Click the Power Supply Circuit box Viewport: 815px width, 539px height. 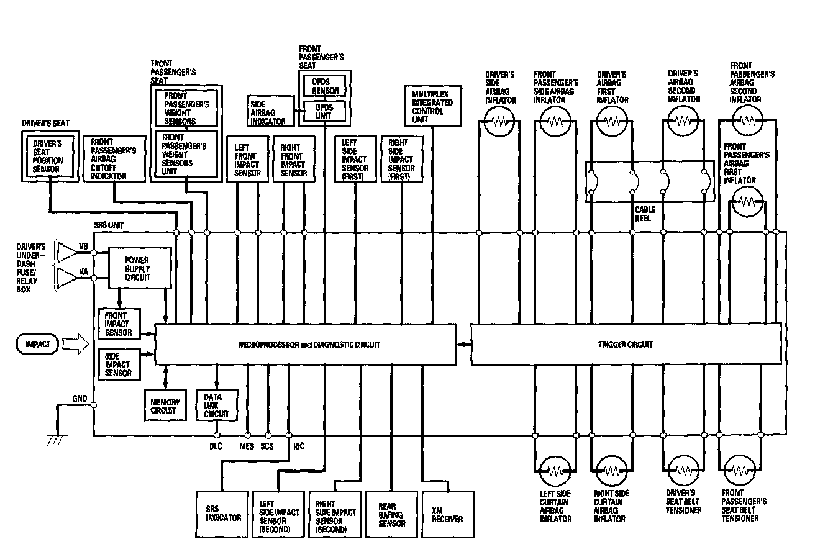(140, 268)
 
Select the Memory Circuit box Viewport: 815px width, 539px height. (165, 405)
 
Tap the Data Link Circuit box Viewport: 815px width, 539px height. (216, 405)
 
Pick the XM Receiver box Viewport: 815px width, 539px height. (443, 514)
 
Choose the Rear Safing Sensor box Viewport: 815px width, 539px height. (391, 514)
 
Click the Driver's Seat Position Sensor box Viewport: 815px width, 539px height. (48, 156)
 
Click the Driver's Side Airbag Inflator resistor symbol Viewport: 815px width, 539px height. (499, 122)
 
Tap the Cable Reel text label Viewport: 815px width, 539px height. (645, 214)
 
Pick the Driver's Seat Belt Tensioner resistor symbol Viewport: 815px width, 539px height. (683, 470)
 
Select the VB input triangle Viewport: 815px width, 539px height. (67, 251)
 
